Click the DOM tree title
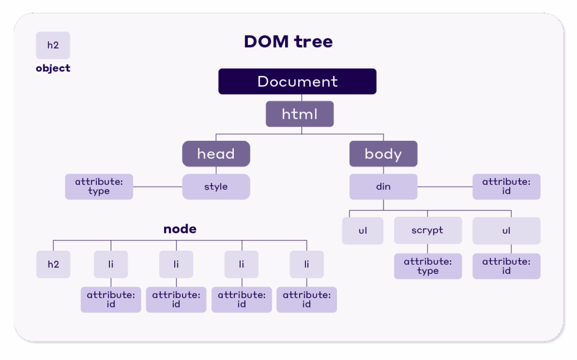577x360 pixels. [x=288, y=42]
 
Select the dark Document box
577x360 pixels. [x=297, y=81]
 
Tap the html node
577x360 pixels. [x=299, y=114]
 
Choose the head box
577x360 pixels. [x=216, y=154]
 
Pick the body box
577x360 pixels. [x=383, y=154]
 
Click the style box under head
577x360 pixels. [x=216, y=186]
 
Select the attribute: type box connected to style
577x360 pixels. [x=99, y=186]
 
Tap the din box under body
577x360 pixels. [x=383, y=186]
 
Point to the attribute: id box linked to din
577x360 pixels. [x=506, y=186]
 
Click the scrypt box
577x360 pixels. [x=427, y=230]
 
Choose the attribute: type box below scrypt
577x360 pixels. [x=427, y=266]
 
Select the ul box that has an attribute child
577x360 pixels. [x=506, y=230]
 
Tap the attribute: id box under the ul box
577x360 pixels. [x=506, y=266]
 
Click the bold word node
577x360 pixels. [x=180, y=229]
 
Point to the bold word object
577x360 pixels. [x=53, y=68]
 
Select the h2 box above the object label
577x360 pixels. [x=53, y=45]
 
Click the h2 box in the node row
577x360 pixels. [x=53, y=264]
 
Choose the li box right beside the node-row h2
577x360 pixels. [x=110, y=264]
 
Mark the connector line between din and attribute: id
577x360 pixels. [x=445, y=186]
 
